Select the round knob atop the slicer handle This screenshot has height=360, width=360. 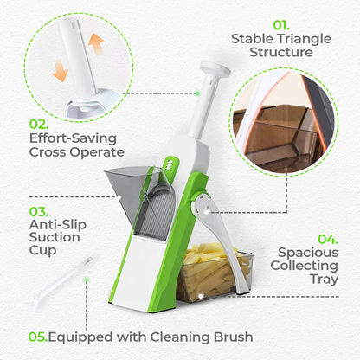pyautogui.click(x=210, y=68)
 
